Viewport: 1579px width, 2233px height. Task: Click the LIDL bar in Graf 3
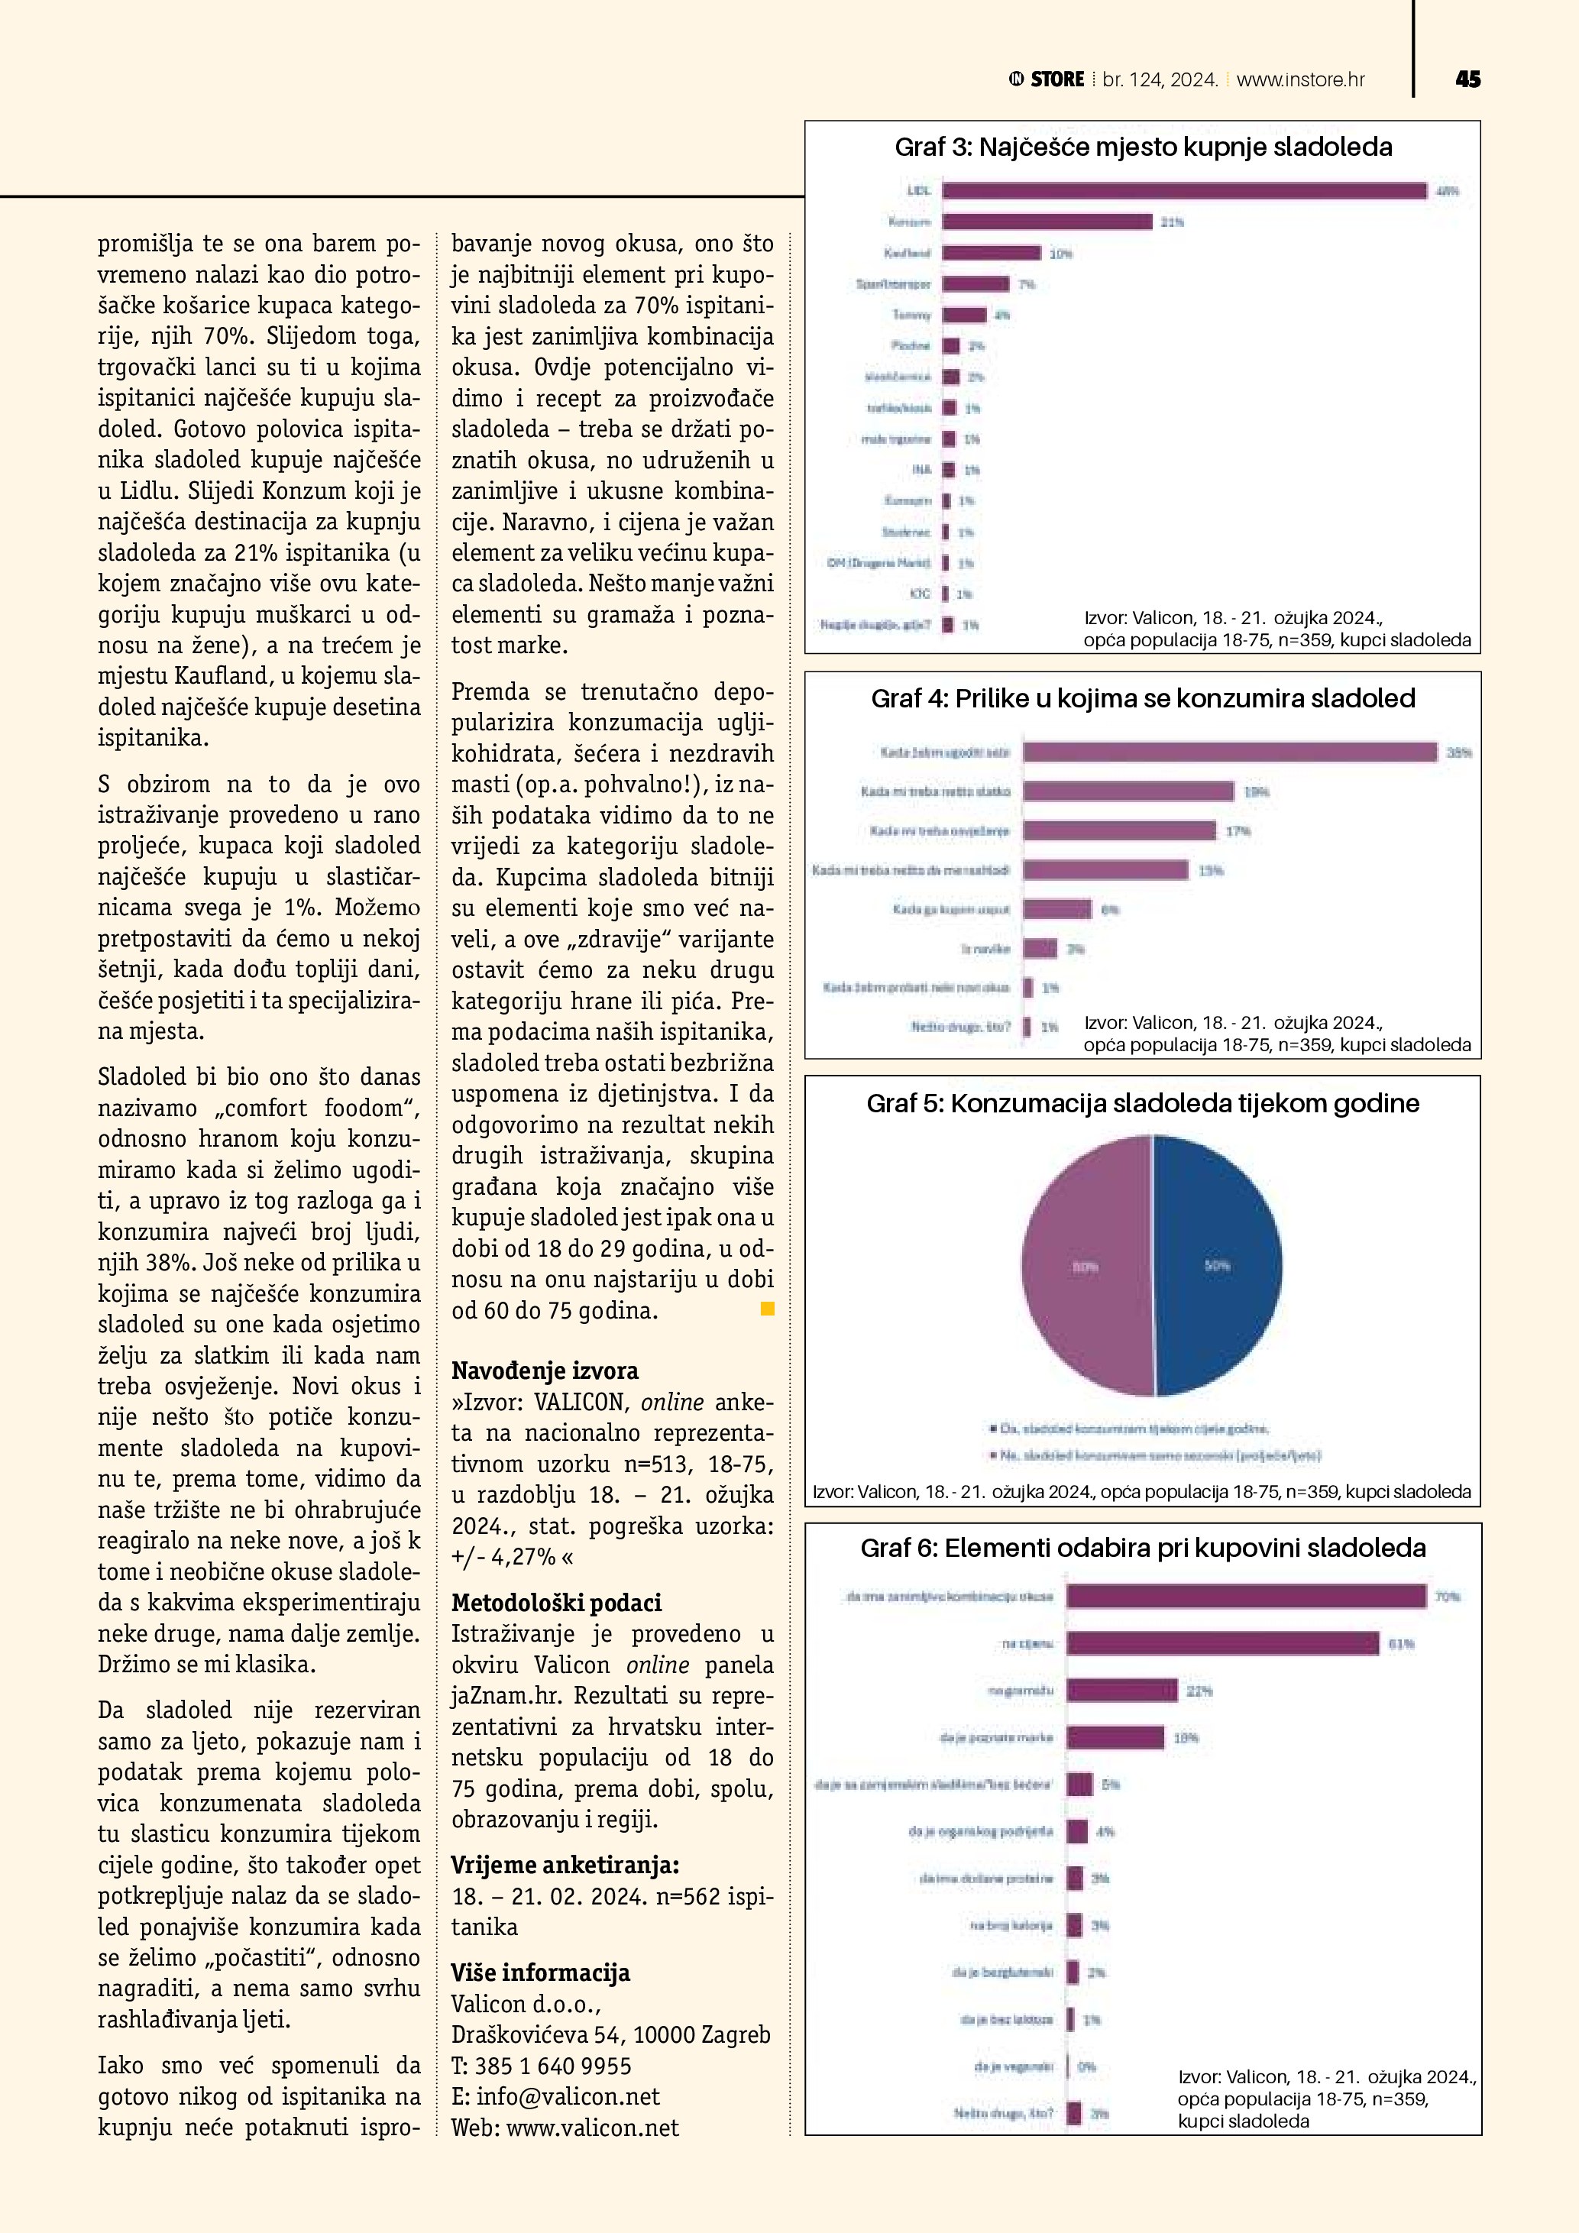[1183, 191]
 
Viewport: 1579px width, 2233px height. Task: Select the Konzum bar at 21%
[1047, 222]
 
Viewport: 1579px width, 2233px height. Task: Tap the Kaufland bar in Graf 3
[991, 253]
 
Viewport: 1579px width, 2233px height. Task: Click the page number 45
[1467, 79]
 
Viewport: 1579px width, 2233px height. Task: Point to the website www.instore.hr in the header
[1300, 79]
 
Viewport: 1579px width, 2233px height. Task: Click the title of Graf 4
[1143, 698]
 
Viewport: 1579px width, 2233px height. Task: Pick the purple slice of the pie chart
[1085, 1265]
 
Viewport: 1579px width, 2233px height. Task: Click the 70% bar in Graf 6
[1245, 1596]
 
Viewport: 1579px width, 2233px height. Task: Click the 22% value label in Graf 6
[1199, 1691]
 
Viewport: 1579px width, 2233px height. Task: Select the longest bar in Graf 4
[1229, 752]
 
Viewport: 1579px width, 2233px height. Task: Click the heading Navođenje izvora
[545, 1371]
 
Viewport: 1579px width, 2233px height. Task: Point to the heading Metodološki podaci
[556, 1603]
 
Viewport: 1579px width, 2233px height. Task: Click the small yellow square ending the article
[767, 1309]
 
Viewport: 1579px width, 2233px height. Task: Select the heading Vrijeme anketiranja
[565, 1866]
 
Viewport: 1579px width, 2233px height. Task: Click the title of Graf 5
[1143, 1103]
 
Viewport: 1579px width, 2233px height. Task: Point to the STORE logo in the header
[1047, 79]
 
